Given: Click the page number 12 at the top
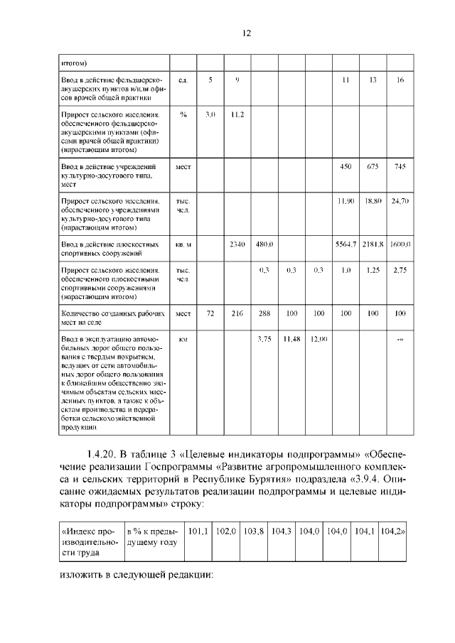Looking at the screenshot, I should [x=247, y=33].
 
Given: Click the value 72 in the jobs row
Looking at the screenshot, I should [x=210, y=313].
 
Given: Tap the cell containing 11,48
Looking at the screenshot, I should [x=291, y=339].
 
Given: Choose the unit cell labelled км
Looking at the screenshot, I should [x=183, y=340].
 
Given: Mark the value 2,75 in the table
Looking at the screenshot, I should [x=400, y=271].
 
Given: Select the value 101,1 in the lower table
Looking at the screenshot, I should [x=197, y=531].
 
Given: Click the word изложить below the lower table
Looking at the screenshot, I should [x=79, y=575].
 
